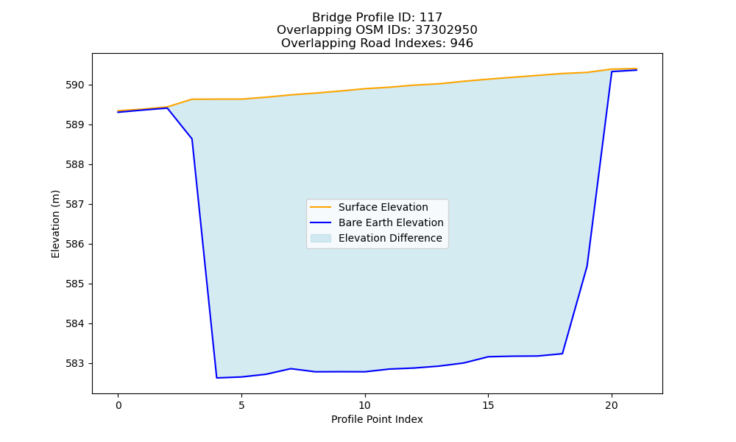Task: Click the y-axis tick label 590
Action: click(x=74, y=85)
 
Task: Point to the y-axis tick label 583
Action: click(x=74, y=364)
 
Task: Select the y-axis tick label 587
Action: click(x=74, y=204)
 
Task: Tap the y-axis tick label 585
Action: click(x=74, y=284)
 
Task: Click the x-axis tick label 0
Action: click(x=118, y=405)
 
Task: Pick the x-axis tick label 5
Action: click(x=241, y=405)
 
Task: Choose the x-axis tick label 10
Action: click(x=365, y=405)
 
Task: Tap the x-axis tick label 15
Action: click(x=488, y=405)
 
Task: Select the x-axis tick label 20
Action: click(x=612, y=405)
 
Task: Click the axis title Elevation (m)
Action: click(x=55, y=224)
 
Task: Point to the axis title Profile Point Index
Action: click(x=377, y=419)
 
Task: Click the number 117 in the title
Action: click(x=431, y=18)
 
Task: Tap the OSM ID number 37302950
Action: click(x=446, y=30)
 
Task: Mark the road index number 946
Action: click(x=461, y=43)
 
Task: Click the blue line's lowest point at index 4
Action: click(x=217, y=378)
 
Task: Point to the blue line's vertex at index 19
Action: click(x=587, y=267)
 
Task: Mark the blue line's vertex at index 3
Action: click(x=192, y=139)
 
